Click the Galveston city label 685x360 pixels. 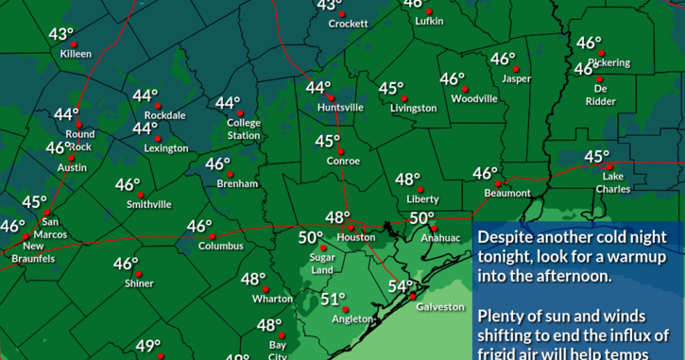441,306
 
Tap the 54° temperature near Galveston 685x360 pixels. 402,287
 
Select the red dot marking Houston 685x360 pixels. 350,227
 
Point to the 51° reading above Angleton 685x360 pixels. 333,300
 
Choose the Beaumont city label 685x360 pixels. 507,193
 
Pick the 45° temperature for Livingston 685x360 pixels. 391,89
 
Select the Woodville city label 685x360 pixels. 474,98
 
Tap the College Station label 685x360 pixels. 244,129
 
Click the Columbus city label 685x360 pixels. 220,246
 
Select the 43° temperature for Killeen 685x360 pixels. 61,35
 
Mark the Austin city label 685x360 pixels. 72,167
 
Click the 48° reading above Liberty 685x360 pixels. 408,180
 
